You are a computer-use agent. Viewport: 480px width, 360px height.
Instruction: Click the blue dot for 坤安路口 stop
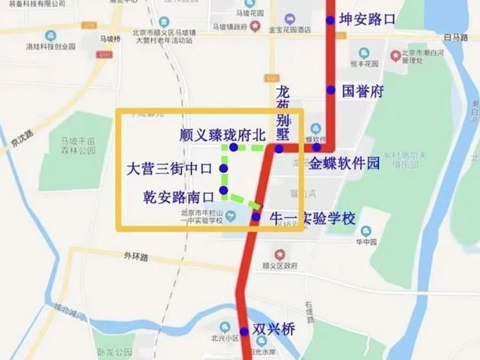330,20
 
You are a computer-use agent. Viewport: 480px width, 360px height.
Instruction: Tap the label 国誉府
362,91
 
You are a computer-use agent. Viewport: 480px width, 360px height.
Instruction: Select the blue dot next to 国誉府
331,90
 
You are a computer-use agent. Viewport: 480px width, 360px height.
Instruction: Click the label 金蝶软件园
345,163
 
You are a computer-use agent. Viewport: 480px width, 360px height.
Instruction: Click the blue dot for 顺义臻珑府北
233,147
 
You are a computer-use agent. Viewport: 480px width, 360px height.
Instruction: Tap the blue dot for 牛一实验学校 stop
255,216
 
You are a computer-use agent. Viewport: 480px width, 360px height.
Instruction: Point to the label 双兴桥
274,330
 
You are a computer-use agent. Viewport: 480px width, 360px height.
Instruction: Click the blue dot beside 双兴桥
244,331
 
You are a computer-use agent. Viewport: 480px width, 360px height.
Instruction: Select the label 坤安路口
368,19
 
